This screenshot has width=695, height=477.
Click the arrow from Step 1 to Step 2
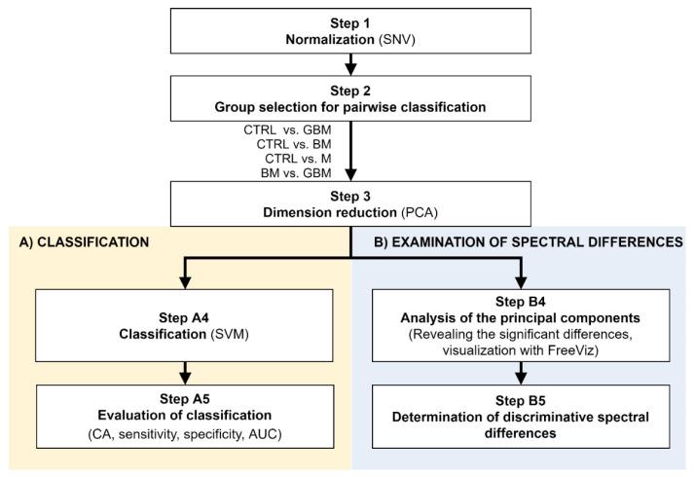point(350,65)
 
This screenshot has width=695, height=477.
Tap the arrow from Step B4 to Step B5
point(524,371)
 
